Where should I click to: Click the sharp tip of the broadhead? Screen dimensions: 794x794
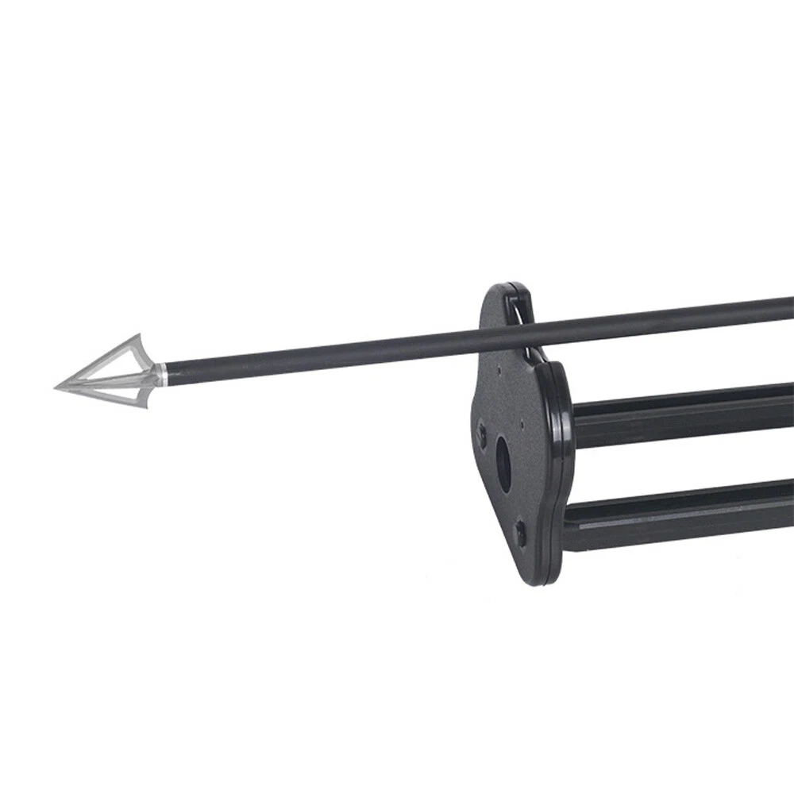pos(56,387)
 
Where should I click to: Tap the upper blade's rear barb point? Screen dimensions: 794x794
pos(139,334)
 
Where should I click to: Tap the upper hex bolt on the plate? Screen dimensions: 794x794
pos(482,433)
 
